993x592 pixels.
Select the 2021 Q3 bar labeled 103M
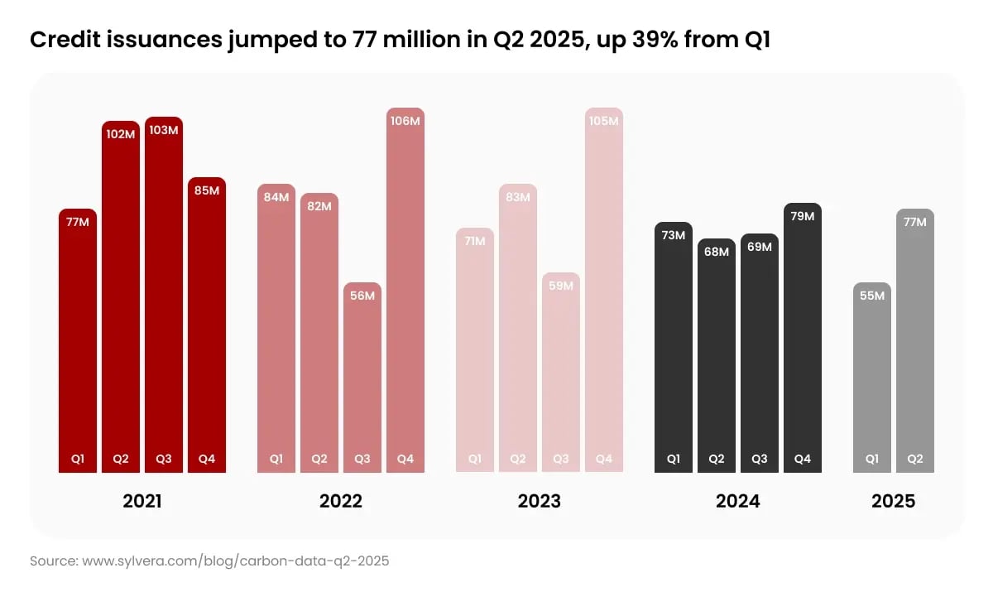[164, 298]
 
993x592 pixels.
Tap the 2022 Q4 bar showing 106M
[405, 290]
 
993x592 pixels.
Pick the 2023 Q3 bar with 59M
[561, 373]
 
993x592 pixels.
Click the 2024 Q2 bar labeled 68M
[717, 356]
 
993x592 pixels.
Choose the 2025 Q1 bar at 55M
[872, 378]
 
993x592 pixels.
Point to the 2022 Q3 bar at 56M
[362, 378]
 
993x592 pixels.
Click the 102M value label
[121, 133]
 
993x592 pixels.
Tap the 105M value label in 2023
[604, 121]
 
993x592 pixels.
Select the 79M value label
[803, 216]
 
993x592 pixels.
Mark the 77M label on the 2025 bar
[915, 222]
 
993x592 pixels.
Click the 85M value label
[207, 190]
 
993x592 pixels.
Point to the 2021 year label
[142, 501]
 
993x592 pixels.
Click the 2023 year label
[540, 501]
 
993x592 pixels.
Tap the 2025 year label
[894, 501]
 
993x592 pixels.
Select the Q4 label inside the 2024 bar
[803, 459]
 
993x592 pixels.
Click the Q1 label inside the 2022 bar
[276, 459]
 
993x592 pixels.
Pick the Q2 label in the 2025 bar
[915, 459]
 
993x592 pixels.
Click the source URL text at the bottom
[209, 561]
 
